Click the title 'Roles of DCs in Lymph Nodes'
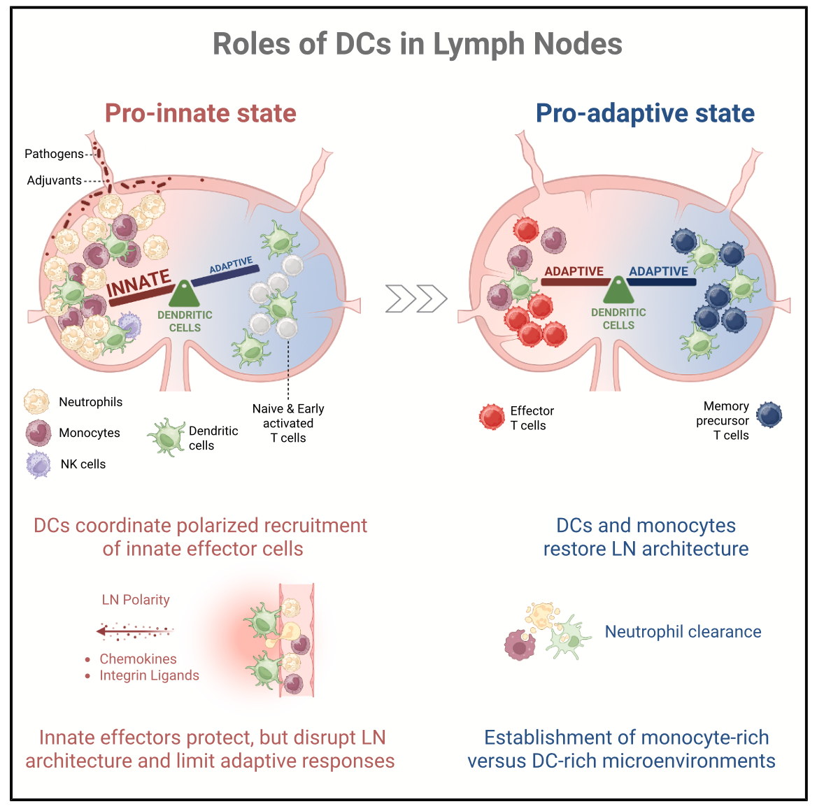pyautogui.click(x=417, y=44)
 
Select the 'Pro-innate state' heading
pyautogui.click(x=201, y=113)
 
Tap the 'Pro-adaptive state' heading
pyautogui.click(x=645, y=113)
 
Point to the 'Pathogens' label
pyautogui.click(x=54, y=154)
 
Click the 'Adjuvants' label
pyautogui.click(x=55, y=180)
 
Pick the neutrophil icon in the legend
pyautogui.click(x=36, y=402)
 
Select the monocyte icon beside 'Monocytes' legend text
pyautogui.click(x=38, y=433)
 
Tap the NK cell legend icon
pyautogui.click(x=38, y=464)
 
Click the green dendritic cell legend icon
pyautogui.click(x=166, y=438)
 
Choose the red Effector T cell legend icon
pyautogui.click(x=492, y=417)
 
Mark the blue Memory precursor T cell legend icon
pyautogui.click(x=769, y=415)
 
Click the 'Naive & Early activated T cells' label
pyautogui.click(x=288, y=423)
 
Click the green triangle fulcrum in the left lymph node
pyautogui.click(x=184, y=294)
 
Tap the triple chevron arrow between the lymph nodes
pyautogui.click(x=416, y=299)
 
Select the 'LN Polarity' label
pyautogui.click(x=136, y=600)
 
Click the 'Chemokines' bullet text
pyautogui.click(x=138, y=659)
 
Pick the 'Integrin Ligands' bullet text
pyautogui.click(x=149, y=675)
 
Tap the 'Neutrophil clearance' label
pyautogui.click(x=683, y=632)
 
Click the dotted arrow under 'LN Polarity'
pyautogui.click(x=134, y=632)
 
